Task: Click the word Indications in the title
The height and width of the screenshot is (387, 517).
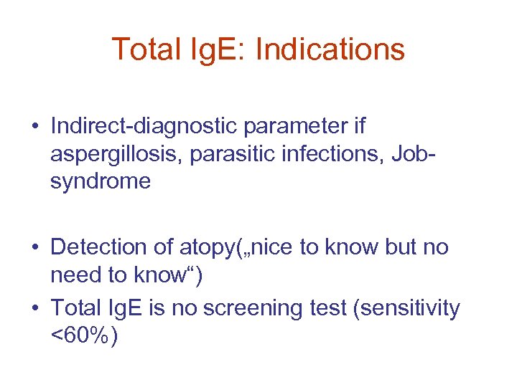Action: [x=330, y=49]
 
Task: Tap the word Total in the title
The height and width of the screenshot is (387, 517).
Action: [x=141, y=49]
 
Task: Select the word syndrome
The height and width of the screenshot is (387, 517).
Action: [x=101, y=182]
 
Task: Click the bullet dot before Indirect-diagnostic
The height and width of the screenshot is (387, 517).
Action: [x=34, y=128]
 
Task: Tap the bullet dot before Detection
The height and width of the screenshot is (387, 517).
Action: [x=34, y=249]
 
